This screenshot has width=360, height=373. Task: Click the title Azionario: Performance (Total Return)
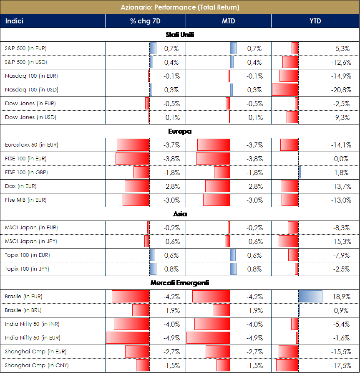(x=180, y=7)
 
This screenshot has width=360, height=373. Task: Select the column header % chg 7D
(x=145, y=21)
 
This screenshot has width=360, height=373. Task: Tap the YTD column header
(x=315, y=21)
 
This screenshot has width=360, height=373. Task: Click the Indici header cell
(x=15, y=21)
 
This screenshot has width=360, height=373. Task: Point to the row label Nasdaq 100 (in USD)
(x=31, y=90)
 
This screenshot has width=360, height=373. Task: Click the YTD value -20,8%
(x=342, y=90)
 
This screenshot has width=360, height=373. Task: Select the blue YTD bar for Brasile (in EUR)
(x=310, y=297)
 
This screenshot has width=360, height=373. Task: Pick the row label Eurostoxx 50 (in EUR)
(x=32, y=145)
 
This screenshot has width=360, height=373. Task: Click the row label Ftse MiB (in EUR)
(x=26, y=200)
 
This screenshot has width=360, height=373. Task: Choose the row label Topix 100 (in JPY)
(x=27, y=269)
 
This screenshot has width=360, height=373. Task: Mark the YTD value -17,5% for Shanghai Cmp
(x=342, y=365)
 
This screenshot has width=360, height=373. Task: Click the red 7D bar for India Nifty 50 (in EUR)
(x=128, y=337)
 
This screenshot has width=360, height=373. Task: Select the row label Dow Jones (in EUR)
(x=30, y=104)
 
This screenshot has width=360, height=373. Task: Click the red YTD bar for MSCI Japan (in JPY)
(x=288, y=241)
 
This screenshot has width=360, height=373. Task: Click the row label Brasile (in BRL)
(x=23, y=310)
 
